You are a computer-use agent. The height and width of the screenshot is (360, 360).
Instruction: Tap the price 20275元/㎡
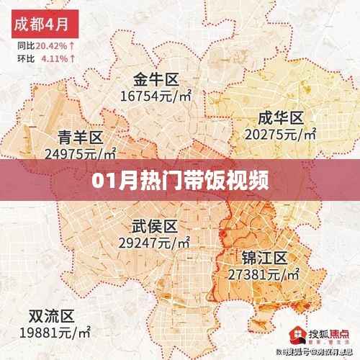(282, 133)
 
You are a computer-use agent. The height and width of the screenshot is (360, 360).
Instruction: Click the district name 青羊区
(80, 137)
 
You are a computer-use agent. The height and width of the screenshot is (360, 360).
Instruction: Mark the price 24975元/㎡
(80, 153)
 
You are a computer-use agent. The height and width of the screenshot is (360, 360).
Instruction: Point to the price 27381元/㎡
(264, 274)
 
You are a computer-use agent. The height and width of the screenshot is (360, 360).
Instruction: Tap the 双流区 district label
(50, 316)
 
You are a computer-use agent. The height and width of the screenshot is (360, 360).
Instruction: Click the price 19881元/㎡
(55, 332)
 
